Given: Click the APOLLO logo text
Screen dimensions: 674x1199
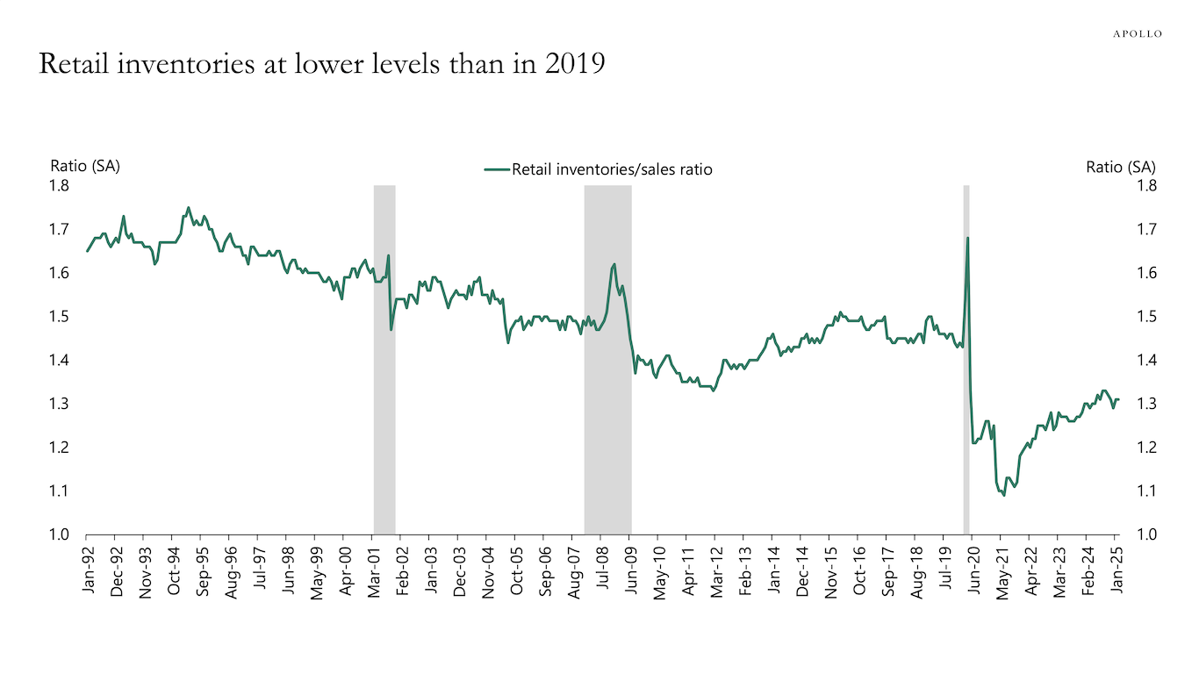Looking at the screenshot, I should (x=1138, y=33).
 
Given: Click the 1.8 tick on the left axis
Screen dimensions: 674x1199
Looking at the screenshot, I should (x=60, y=185).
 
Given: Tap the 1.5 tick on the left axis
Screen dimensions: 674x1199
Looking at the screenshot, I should (x=60, y=316).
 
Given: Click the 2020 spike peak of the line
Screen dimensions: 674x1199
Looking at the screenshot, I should (x=967, y=238).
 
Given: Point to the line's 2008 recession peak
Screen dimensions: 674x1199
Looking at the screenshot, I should (x=614, y=263).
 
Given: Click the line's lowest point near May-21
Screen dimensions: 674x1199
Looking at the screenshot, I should (x=1003, y=496).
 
